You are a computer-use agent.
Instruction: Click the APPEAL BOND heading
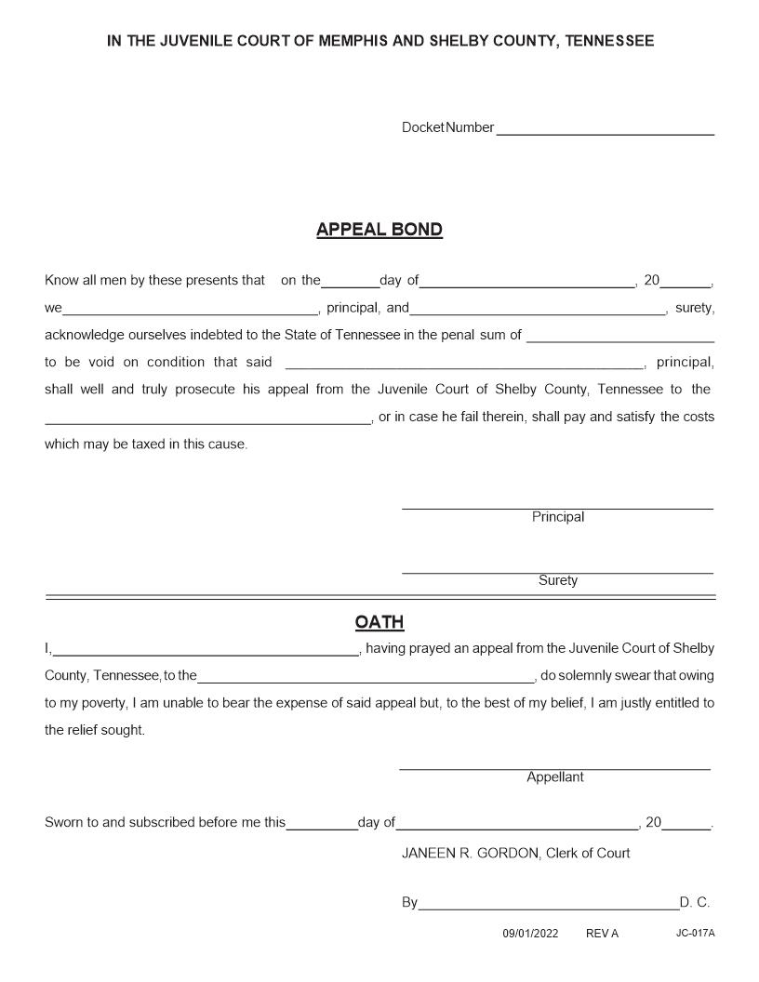pos(379,230)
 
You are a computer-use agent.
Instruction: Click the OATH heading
pos(379,622)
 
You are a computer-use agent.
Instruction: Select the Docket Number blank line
pos(605,130)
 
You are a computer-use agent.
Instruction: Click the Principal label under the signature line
pos(558,517)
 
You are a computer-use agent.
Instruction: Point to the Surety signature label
pos(558,581)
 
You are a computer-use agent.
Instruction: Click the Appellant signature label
pos(555,777)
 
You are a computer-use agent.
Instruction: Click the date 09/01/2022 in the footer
pos(530,933)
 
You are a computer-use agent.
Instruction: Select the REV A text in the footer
pos(602,933)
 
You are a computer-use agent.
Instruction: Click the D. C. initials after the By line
pos(695,902)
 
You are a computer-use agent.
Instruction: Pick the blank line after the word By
pos(548,904)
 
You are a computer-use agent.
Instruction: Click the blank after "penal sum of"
pos(620,337)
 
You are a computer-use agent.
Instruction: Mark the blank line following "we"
pos(191,310)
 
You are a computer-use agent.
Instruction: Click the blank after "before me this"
pos(322,825)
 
